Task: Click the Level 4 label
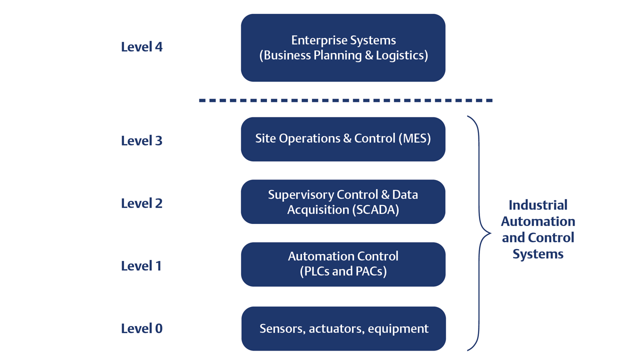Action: (x=141, y=47)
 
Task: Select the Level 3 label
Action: (x=141, y=140)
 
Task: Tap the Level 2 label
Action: (x=141, y=203)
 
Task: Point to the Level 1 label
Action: (x=141, y=265)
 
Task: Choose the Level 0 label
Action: (x=141, y=328)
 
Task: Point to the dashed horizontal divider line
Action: (x=345, y=100)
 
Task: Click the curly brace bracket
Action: (x=478, y=233)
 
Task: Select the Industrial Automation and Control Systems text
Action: (x=538, y=229)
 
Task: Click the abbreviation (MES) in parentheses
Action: (x=414, y=138)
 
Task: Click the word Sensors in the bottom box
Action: (x=282, y=328)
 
